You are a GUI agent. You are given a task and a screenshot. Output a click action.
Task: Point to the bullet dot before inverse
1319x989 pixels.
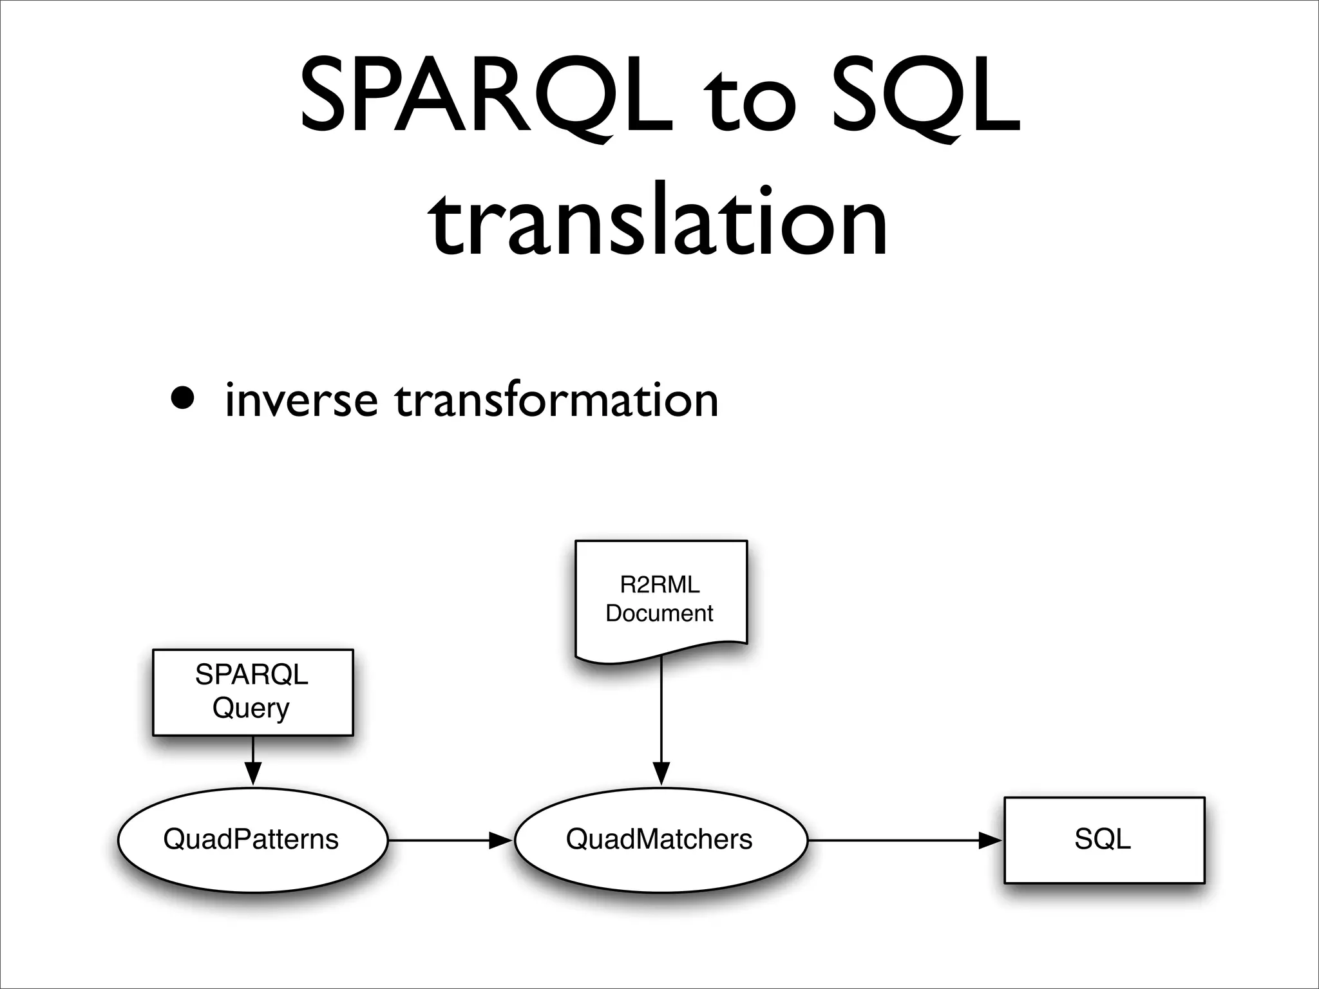coord(182,398)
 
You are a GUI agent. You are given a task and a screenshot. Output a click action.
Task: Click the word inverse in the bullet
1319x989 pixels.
coord(301,400)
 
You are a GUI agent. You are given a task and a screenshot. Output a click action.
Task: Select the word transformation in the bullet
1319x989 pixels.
coord(556,400)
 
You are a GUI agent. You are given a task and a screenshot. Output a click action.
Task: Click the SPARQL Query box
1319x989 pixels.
coord(253,692)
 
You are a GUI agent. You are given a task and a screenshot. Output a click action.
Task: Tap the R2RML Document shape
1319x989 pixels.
coord(661,599)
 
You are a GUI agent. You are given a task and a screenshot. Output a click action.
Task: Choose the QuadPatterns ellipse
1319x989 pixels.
coord(252,840)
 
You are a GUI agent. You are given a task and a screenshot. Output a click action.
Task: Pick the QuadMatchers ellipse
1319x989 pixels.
coord(660,840)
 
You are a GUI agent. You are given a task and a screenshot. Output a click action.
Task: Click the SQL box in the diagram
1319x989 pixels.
coord(1104,840)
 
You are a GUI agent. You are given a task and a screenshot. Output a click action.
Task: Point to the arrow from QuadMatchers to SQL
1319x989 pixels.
coord(902,840)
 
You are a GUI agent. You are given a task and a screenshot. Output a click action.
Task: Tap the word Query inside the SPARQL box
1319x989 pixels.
coord(251,708)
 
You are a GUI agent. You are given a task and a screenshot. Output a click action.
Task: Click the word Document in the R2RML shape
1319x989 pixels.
coord(659,613)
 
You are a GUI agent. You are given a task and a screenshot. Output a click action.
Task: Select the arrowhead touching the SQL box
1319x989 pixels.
coord(991,840)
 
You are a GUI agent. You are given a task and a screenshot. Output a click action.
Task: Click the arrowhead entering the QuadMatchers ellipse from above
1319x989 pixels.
coord(661,773)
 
